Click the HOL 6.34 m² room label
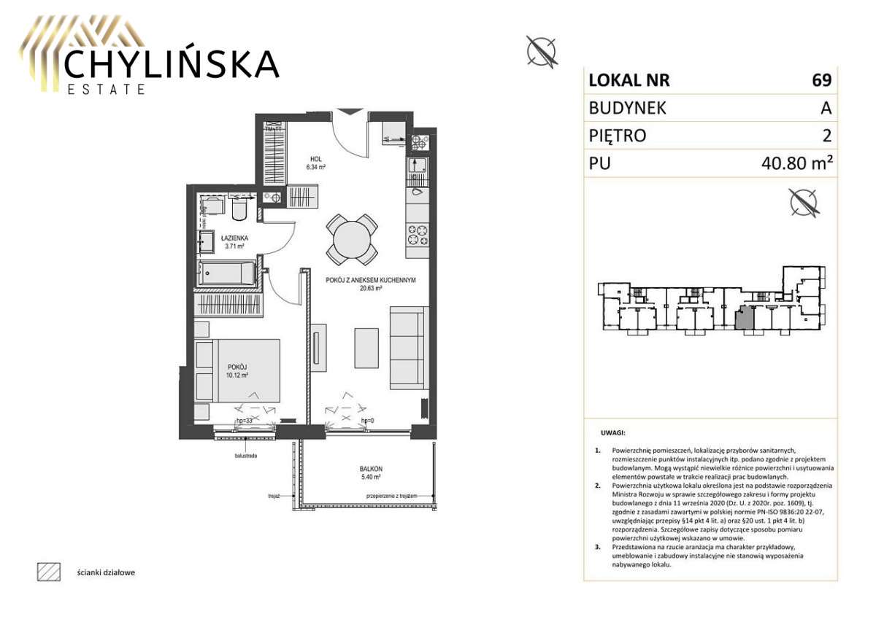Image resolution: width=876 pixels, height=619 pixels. click(315, 163)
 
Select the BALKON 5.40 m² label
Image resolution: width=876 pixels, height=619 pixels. click(371, 473)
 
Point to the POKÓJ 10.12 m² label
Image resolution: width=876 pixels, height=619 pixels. click(238, 371)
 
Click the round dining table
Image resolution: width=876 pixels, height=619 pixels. click(352, 239)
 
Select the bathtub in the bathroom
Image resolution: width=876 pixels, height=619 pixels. click(226, 274)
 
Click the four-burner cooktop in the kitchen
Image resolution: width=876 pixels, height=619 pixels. click(418, 235)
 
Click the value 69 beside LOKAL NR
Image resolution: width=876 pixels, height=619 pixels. click(821, 80)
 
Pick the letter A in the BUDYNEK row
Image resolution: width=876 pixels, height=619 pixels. click(826, 108)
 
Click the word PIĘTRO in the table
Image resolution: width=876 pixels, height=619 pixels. click(617, 136)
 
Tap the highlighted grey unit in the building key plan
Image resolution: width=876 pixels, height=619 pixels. click(744, 319)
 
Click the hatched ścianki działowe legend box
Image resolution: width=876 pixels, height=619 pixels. click(47, 572)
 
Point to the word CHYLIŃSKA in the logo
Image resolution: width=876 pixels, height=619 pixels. click(171, 64)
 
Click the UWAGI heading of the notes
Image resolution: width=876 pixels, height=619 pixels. click(612, 432)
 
